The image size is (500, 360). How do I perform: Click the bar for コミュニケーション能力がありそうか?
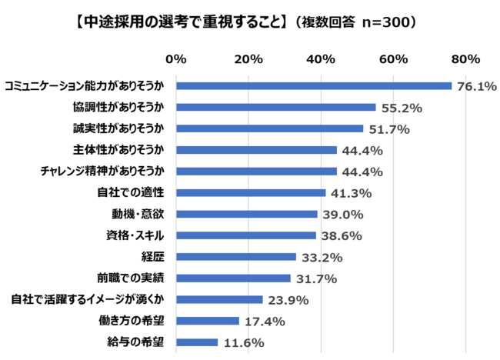tap(314, 85)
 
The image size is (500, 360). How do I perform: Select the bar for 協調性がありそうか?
tap(276, 107)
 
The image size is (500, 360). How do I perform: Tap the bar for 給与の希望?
tap(197, 342)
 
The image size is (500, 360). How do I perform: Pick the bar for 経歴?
tap(236, 257)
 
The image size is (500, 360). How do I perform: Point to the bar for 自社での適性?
tap(251, 192)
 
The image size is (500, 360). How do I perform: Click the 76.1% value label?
tap(476, 87)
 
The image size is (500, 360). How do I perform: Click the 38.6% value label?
tap(340, 235)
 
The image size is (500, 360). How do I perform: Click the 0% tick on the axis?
tap(176, 58)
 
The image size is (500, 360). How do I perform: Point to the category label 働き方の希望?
tap(138, 321)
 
